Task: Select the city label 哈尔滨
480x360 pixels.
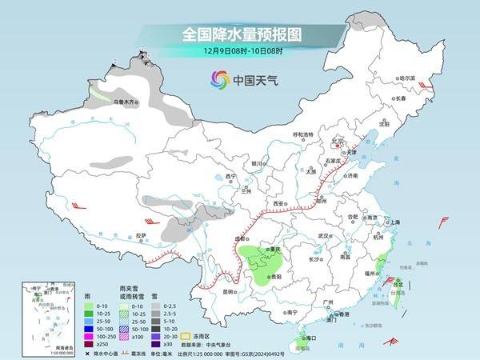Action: (408, 78)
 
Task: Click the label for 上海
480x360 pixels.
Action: (393, 221)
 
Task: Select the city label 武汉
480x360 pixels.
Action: (323, 236)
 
